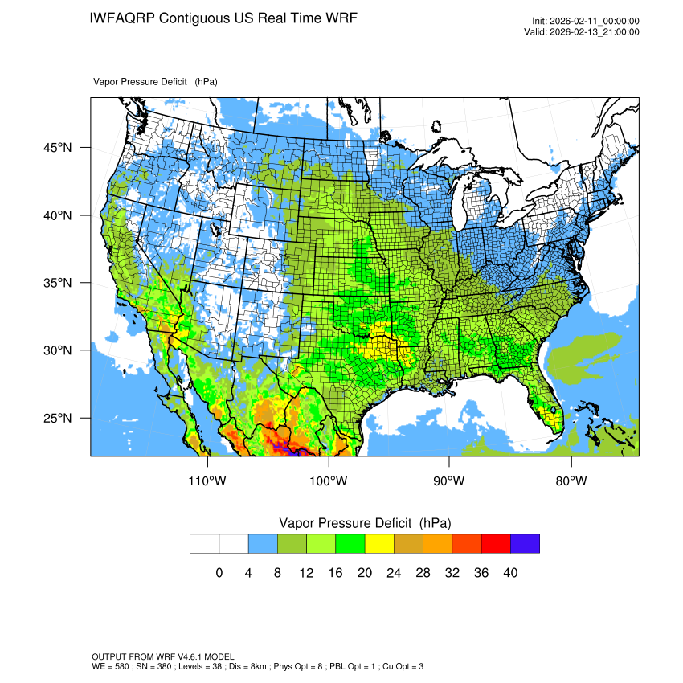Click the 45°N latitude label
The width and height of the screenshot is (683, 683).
tap(57, 148)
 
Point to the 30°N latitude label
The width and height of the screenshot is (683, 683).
tap(57, 350)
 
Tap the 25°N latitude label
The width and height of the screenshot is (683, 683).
tap(57, 418)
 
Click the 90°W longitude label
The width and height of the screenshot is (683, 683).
tap(449, 481)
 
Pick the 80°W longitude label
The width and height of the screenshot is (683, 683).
tap(571, 481)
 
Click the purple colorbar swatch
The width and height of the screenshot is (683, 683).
tap(525, 544)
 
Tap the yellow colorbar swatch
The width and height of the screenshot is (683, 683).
tap(379, 544)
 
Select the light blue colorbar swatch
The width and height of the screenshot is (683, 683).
tap(263, 544)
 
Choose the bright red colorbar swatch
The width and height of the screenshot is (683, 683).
tap(496, 544)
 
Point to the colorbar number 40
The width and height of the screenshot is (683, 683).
tap(510, 573)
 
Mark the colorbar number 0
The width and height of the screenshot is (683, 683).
tap(219, 573)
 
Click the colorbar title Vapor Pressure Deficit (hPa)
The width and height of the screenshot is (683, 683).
tap(365, 523)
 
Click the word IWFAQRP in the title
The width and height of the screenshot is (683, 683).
tap(122, 18)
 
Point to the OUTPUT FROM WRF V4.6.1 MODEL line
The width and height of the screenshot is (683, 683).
tap(163, 657)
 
